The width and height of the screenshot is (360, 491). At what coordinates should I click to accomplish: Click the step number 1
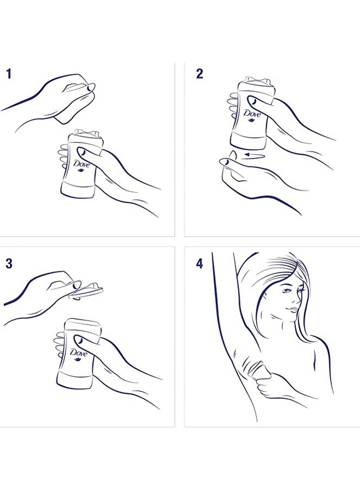click(x=9, y=74)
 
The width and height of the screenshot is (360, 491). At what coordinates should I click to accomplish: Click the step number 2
click(x=199, y=74)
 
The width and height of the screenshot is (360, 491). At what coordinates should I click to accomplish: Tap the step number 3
click(x=9, y=264)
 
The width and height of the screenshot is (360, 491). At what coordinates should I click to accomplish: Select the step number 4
click(x=199, y=264)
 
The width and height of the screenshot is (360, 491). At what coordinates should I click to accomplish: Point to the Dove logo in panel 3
click(x=78, y=354)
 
